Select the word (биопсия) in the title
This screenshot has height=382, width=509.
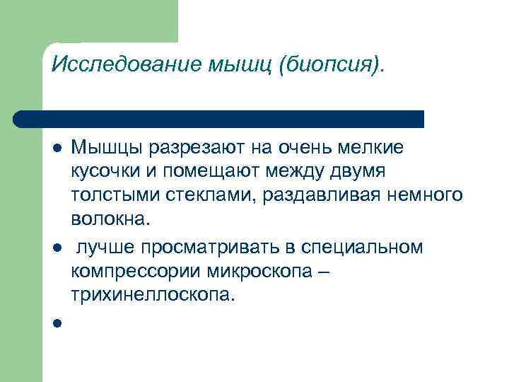[332, 66]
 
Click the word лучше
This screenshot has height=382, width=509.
[105, 247]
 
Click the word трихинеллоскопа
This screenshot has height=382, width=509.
[151, 296]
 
